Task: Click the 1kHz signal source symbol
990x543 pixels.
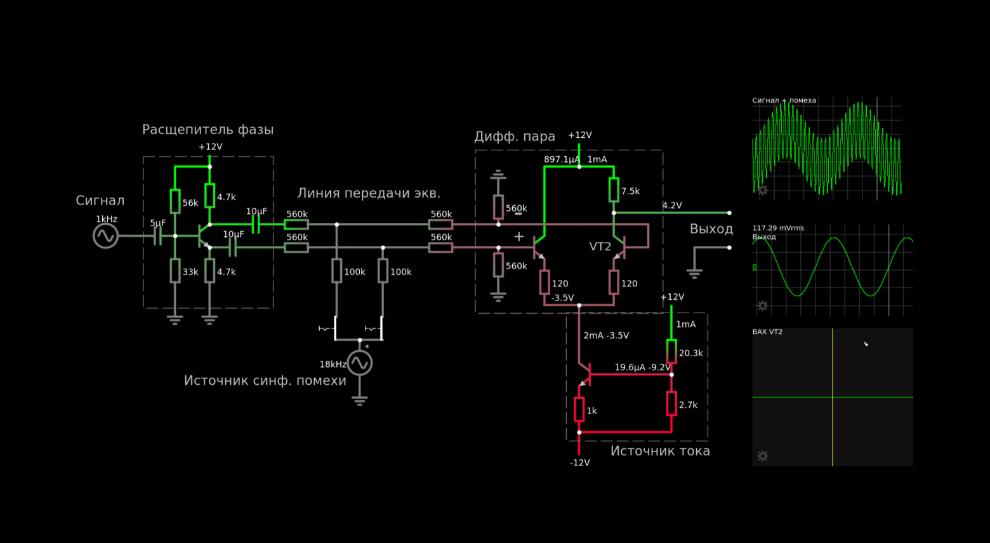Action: [105, 236]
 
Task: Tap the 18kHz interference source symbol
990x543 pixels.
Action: [360, 363]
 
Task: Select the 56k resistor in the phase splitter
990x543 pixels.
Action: [175, 201]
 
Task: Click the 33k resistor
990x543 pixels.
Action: [175, 271]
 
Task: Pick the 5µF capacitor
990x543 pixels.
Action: [158, 236]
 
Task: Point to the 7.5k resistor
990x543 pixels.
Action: [614, 190]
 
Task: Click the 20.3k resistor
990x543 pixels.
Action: [671, 352]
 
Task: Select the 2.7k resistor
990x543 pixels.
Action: [671, 403]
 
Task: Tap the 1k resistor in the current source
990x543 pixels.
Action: [579, 409]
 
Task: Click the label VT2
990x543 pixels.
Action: [600, 247]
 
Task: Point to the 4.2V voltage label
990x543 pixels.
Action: [672, 205]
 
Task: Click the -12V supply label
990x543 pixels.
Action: [580, 462]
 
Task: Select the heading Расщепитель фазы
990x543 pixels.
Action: [208, 130]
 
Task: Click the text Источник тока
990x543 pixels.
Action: [660, 451]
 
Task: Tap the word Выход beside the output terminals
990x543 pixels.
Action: [711, 229]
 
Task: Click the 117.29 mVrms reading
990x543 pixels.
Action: [778, 228]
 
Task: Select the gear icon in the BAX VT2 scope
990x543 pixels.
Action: [763, 456]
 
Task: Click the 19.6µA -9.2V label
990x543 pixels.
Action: [643, 368]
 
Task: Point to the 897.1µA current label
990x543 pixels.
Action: [562, 159]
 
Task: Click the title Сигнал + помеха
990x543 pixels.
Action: [784, 100]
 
